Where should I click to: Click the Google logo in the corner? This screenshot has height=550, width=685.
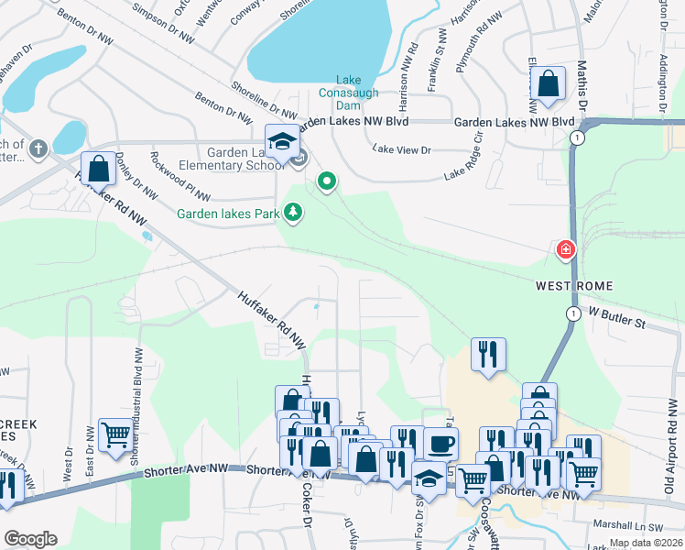pyautogui.click(x=30, y=538)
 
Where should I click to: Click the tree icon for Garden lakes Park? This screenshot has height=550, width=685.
pyautogui.click(x=293, y=214)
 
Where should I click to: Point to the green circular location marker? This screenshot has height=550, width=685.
pyautogui.click(x=326, y=181)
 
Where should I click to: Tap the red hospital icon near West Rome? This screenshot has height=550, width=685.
pyautogui.click(x=566, y=249)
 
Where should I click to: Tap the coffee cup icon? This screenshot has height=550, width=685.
pyautogui.click(x=440, y=445)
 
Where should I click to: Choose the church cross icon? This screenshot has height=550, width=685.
pyautogui.click(x=38, y=147)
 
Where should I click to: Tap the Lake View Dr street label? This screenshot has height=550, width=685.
pyautogui.click(x=401, y=149)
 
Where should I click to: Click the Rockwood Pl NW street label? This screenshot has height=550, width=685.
pyautogui.click(x=179, y=177)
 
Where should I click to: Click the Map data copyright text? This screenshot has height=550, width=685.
pyautogui.click(x=647, y=543)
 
